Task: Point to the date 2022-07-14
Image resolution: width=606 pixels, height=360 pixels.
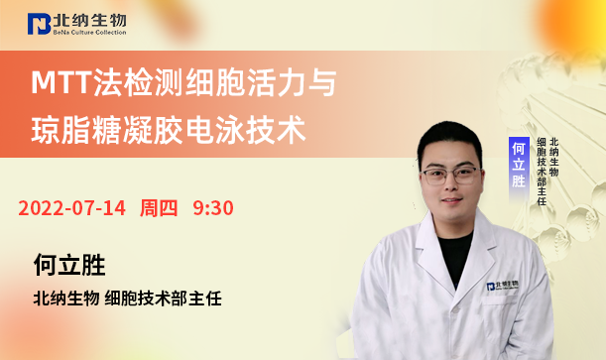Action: (x=71, y=208)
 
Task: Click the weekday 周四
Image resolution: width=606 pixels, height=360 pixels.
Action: (x=159, y=208)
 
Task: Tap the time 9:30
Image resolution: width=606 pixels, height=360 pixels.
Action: (x=212, y=208)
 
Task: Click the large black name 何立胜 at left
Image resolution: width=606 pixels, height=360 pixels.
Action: (x=68, y=265)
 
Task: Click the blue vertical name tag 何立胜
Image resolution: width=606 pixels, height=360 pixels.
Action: (x=517, y=164)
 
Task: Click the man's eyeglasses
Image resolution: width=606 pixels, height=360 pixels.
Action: (x=449, y=175)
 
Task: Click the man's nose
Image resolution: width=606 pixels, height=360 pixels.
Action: (x=450, y=188)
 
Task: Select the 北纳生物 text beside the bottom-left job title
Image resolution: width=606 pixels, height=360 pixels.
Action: (x=65, y=297)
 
